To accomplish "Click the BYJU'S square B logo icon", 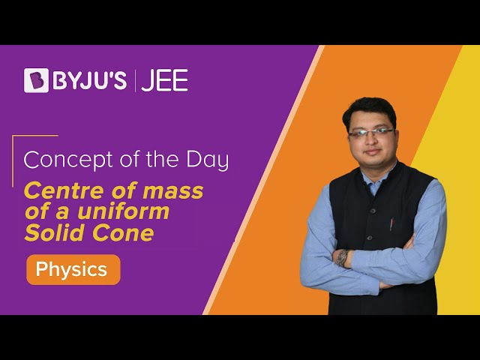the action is pyautogui.click(x=36, y=80).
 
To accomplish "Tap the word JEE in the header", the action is pyautogui.click(x=164, y=80).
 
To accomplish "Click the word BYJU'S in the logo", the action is pyautogui.click(x=90, y=80).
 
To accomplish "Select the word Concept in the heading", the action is pyautogui.click(x=68, y=160).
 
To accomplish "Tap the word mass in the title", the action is pyautogui.click(x=173, y=191).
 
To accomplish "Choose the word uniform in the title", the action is pyautogui.click(x=123, y=211).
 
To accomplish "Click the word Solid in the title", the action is pyautogui.click(x=53, y=232).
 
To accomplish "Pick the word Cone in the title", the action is pyautogui.click(x=123, y=233).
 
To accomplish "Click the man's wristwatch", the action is pyautogui.click(x=342, y=258).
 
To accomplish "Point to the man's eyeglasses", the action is pyautogui.click(x=371, y=133).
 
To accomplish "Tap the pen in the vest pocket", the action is pyautogui.click(x=391, y=223).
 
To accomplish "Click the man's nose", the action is pyautogui.click(x=371, y=141).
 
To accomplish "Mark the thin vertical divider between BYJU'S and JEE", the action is pyautogui.click(x=135, y=80).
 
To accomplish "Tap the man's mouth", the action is pyautogui.click(x=373, y=151).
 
